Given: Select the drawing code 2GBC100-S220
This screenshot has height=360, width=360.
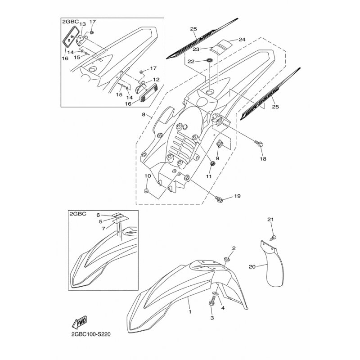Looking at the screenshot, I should pos(91,335).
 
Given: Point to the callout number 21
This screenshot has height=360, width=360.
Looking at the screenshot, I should pos(270,219).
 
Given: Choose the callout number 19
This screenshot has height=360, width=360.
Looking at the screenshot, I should pos(237,196).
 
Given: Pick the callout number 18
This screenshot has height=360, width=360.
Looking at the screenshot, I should pos(263,159).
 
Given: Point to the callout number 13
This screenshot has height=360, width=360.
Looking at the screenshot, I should pos(82,24).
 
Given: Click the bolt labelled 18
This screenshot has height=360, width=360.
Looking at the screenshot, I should pos(261,144).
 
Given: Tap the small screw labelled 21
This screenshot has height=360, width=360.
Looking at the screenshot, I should pos(274,237).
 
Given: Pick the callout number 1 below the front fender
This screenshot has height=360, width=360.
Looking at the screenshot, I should pos(190,310).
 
